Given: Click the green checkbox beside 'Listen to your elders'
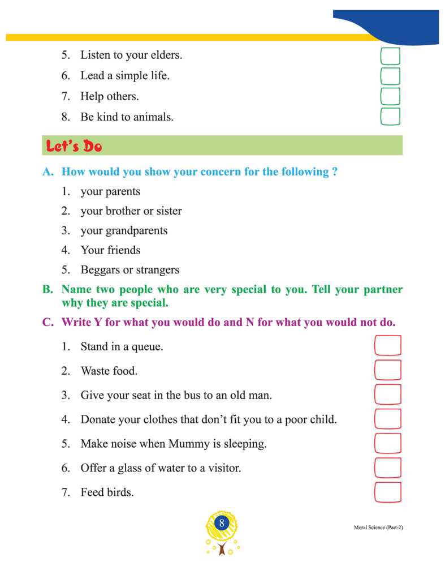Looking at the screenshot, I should pyautogui.click(x=390, y=56).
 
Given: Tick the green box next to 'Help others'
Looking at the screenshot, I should pyautogui.click(x=390, y=96).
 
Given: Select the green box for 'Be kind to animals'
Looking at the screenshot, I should pyautogui.click(x=390, y=117).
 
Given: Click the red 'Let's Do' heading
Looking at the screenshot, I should pyautogui.click(x=74, y=146).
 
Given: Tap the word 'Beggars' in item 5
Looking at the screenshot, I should pyautogui.click(x=100, y=269).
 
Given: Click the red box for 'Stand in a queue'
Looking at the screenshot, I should pyautogui.click(x=388, y=346).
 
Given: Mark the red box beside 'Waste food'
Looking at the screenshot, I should pyautogui.click(x=388, y=370).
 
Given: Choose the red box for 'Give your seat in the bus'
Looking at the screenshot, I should pyautogui.click(x=388, y=395).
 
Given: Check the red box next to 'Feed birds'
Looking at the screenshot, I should pyautogui.click(x=388, y=492).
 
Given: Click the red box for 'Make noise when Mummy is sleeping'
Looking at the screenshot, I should pyautogui.click(x=388, y=444).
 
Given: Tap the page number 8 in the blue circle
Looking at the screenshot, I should pyautogui.click(x=222, y=523).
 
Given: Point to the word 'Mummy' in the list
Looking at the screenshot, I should pyautogui.click(x=188, y=444).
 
